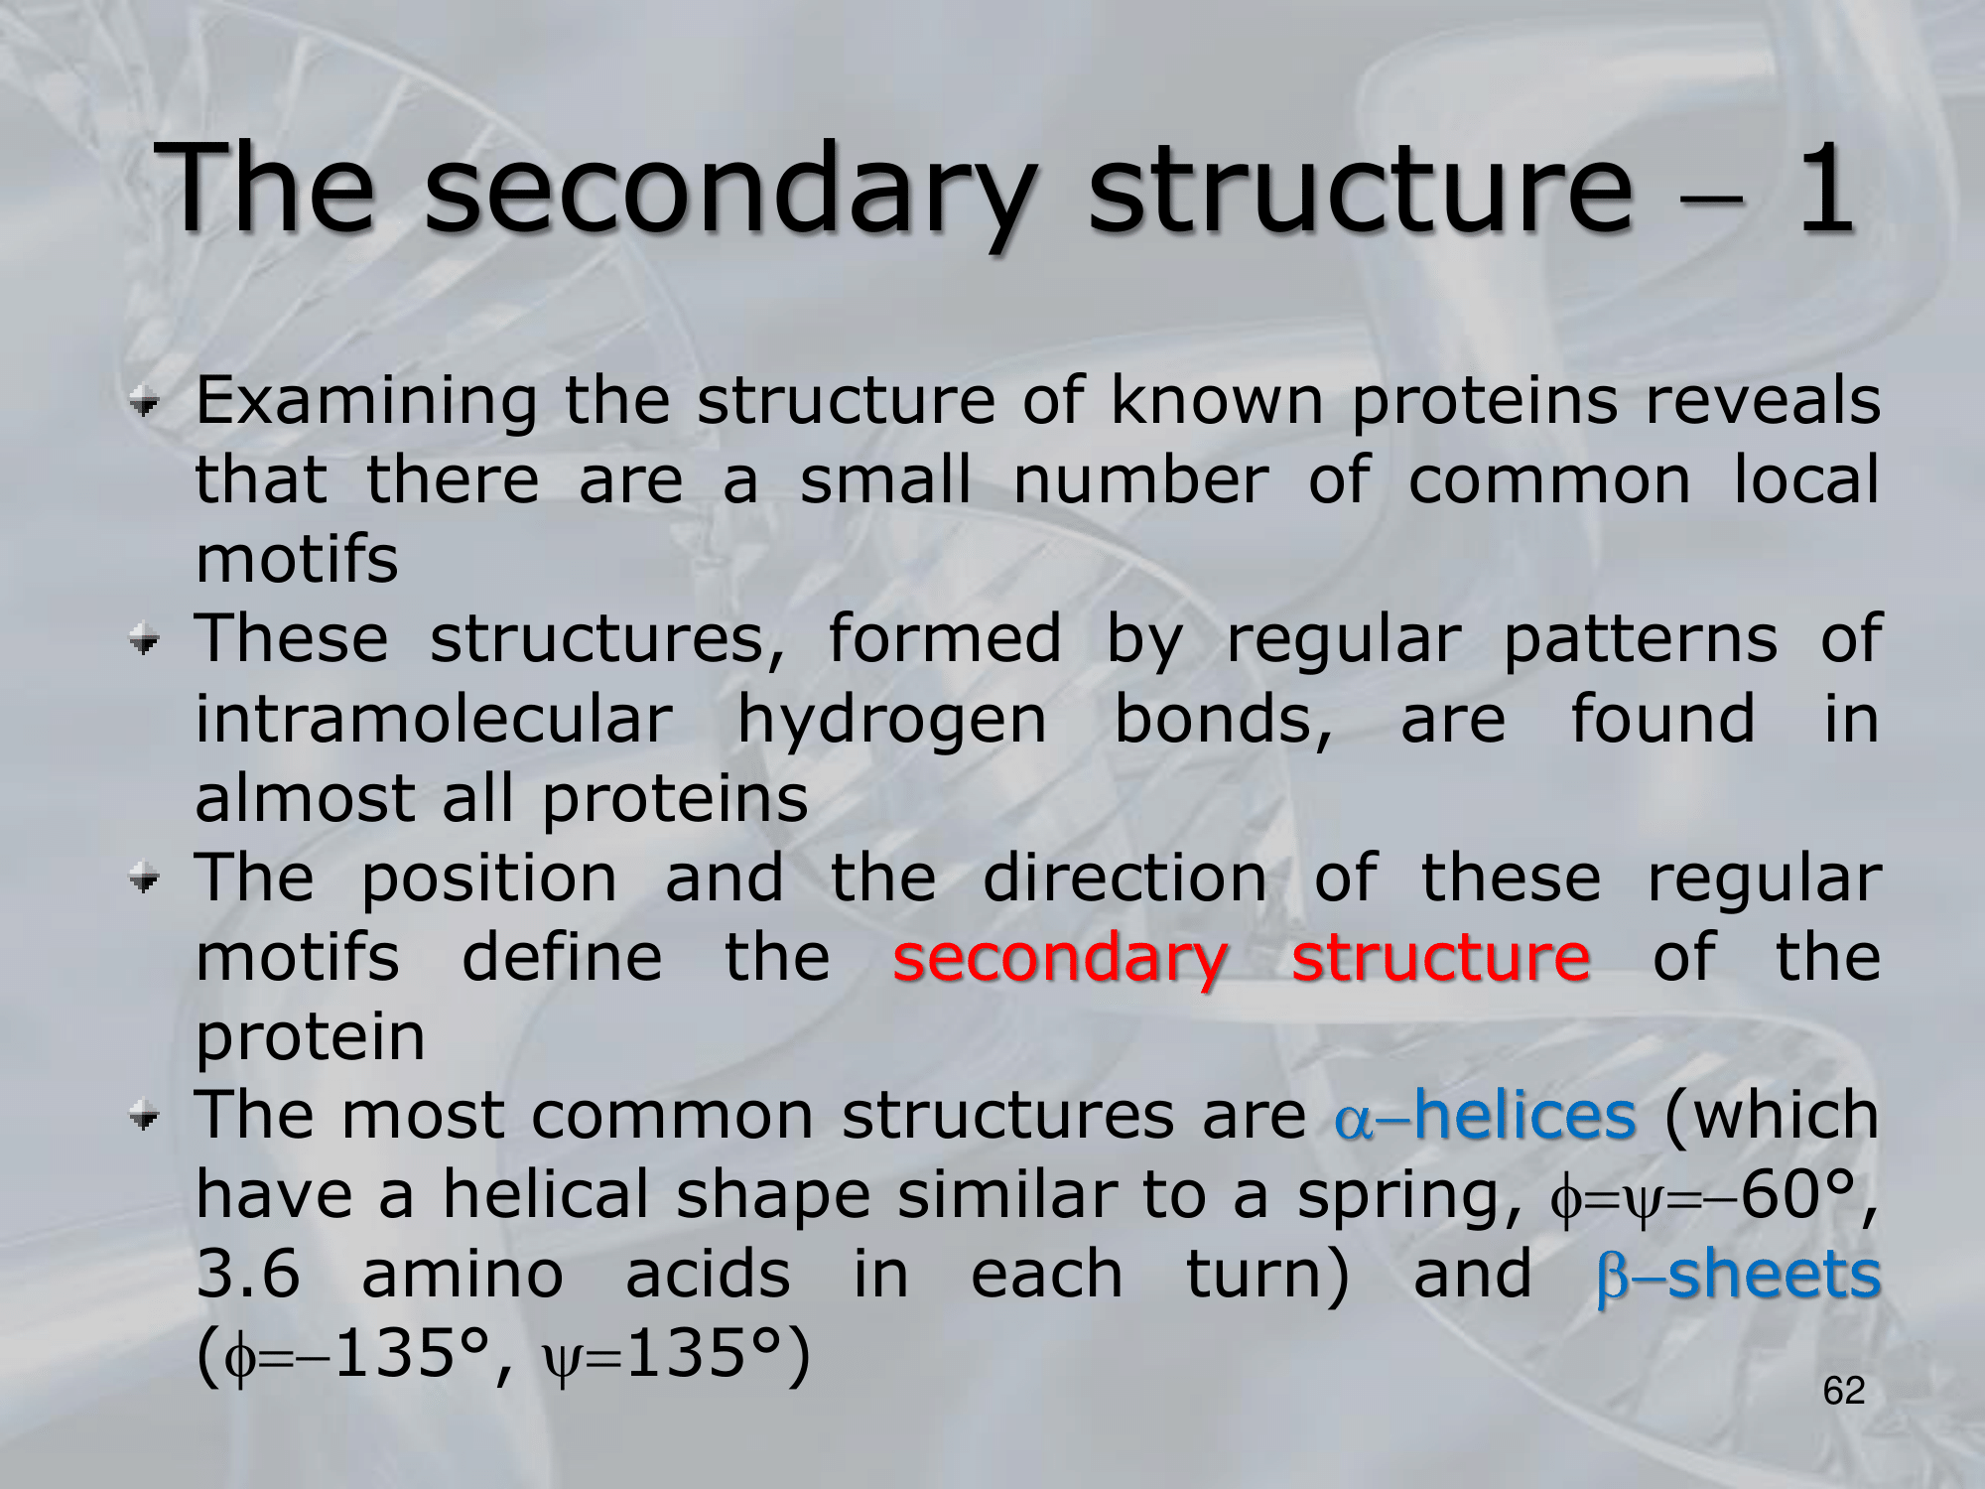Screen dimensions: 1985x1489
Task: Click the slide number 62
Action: pyautogui.click(x=1844, y=1391)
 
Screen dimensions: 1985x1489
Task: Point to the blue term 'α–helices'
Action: pyautogui.click(x=1485, y=1114)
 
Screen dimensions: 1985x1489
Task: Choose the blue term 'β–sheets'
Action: pyautogui.click(x=1739, y=1274)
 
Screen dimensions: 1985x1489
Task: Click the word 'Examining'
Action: pyautogui.click(x=366, y=402)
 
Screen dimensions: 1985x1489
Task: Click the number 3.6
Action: pyautogui.click(x=247, y=1274)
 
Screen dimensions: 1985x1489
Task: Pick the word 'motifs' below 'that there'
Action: pyautogui.click(x=297, y=559)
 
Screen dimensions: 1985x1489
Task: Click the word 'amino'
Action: pyautogui.click(x=462, y=1274)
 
